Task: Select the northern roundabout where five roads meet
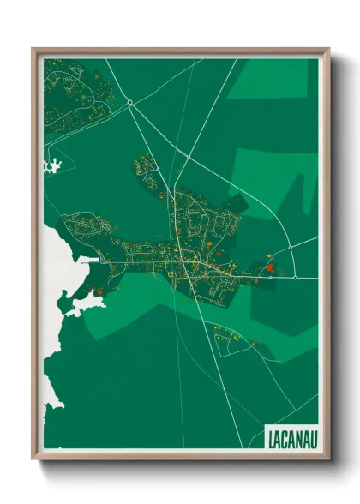point(129,103)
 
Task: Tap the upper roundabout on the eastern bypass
point(291,247)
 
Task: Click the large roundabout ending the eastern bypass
point(294,277)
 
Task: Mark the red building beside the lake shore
point(100,291)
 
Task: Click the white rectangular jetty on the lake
point(89,259)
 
